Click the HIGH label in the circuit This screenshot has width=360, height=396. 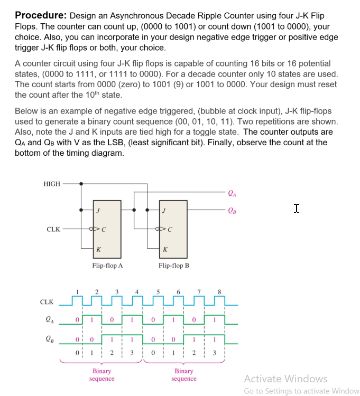point(51,184)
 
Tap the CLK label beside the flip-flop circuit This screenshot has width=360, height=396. point(53,229)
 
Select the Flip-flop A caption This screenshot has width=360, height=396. point(107,266)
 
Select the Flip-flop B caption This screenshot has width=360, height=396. point(173,266)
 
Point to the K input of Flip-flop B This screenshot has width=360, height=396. point(165,249)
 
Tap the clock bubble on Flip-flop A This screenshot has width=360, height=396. point(92,229)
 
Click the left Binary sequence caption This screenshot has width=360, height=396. point(101,374)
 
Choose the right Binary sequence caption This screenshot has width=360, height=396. point(184,374)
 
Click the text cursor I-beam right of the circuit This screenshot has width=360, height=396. point(297,209)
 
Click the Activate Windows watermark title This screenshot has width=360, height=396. point(285,379)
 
